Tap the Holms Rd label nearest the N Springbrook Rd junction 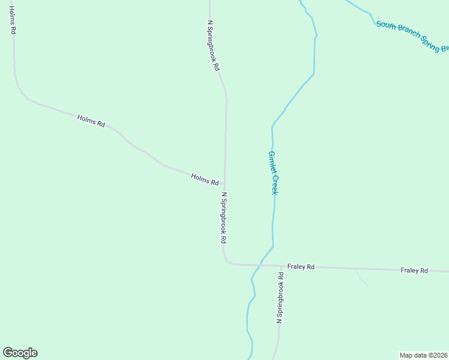click(205, 179)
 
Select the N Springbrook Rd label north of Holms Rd click(213, 46)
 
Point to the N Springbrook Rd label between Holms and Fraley click(223, 217)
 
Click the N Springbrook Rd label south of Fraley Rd click(280, 298)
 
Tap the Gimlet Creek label click(273, 172)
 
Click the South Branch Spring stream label click(412, 37)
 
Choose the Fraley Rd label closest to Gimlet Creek click(301, 266)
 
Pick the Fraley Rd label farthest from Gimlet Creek click(414, 271)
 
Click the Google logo click(20, 353)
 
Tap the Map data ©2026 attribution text click(423, 355)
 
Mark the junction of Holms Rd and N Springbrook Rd click(225, 184)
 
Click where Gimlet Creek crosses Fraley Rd click(261, 265)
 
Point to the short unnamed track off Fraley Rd click(363, 278)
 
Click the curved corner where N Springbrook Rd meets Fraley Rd click(226, 260)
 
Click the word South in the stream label click(386, 26)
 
